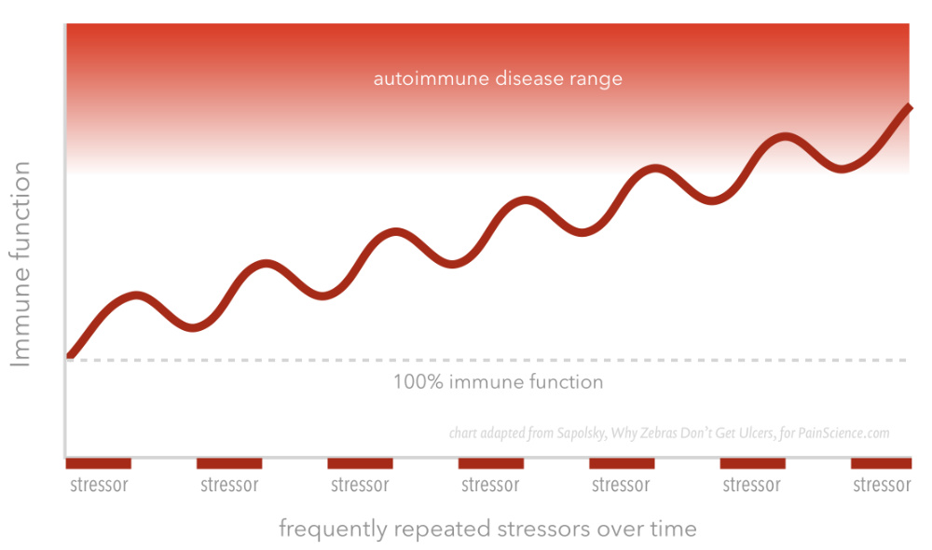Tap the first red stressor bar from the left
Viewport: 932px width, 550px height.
[x=98, y=463]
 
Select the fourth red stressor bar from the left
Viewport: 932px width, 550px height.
[x=491, y=463]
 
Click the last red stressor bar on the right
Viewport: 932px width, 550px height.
[x=881, y=463]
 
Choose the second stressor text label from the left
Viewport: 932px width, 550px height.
[x=229, y=485]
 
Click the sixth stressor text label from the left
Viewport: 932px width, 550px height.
[x=751, y=485]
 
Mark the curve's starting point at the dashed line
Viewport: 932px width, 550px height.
[x=69, y=357]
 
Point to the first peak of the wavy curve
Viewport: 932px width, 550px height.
[x=137, y=296]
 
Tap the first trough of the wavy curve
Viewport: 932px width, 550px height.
[x=193, y=327]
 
